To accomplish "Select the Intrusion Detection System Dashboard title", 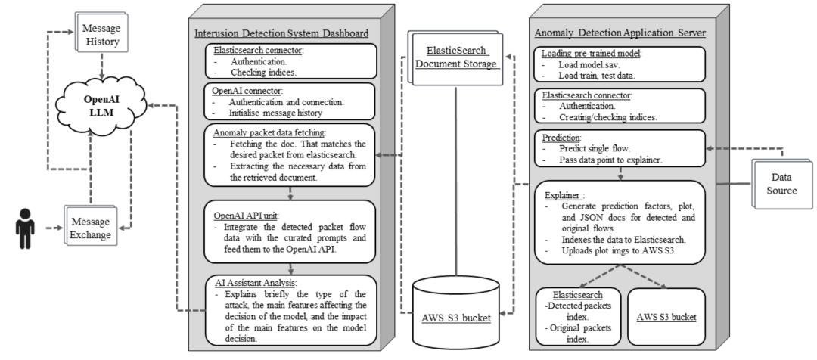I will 281,33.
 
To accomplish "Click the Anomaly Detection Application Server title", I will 620,33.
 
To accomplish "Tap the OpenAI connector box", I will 290,100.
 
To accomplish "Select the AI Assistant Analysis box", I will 290,309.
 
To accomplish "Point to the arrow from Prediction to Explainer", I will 620,172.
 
